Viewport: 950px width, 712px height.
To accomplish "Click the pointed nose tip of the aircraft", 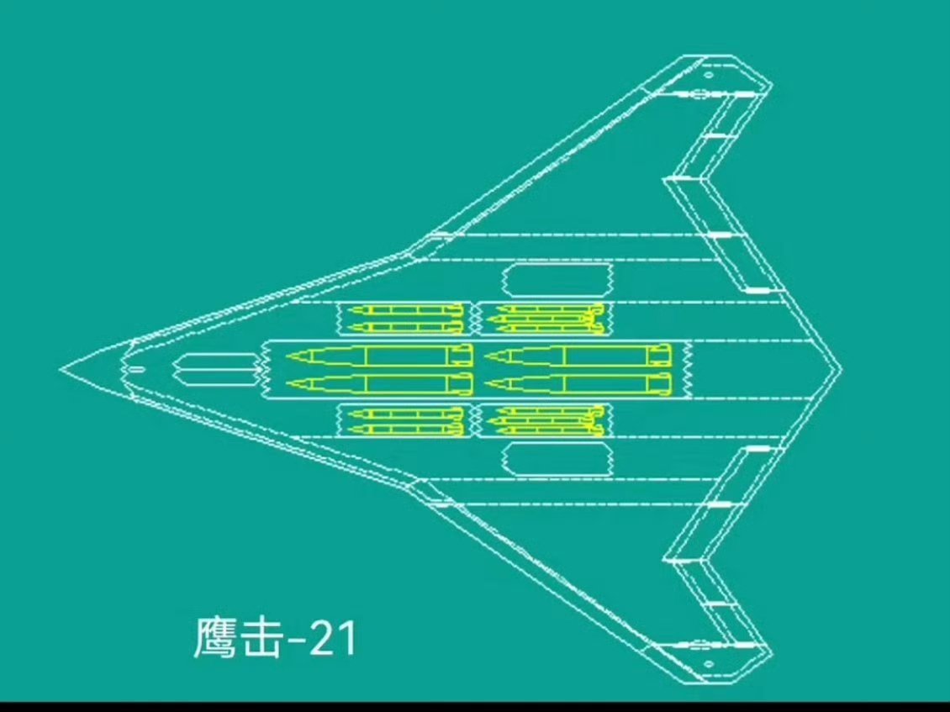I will tap(61, 369).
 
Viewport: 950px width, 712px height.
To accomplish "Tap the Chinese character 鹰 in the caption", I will tap(215, 639).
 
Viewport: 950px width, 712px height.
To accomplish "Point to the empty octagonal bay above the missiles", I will tap(557, 281).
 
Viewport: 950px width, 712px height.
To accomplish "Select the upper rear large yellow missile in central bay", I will tap(580, 356).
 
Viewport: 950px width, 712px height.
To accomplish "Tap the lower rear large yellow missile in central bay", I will tap(580, 384).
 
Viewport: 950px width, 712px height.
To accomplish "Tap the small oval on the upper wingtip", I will tap(709, 75).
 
